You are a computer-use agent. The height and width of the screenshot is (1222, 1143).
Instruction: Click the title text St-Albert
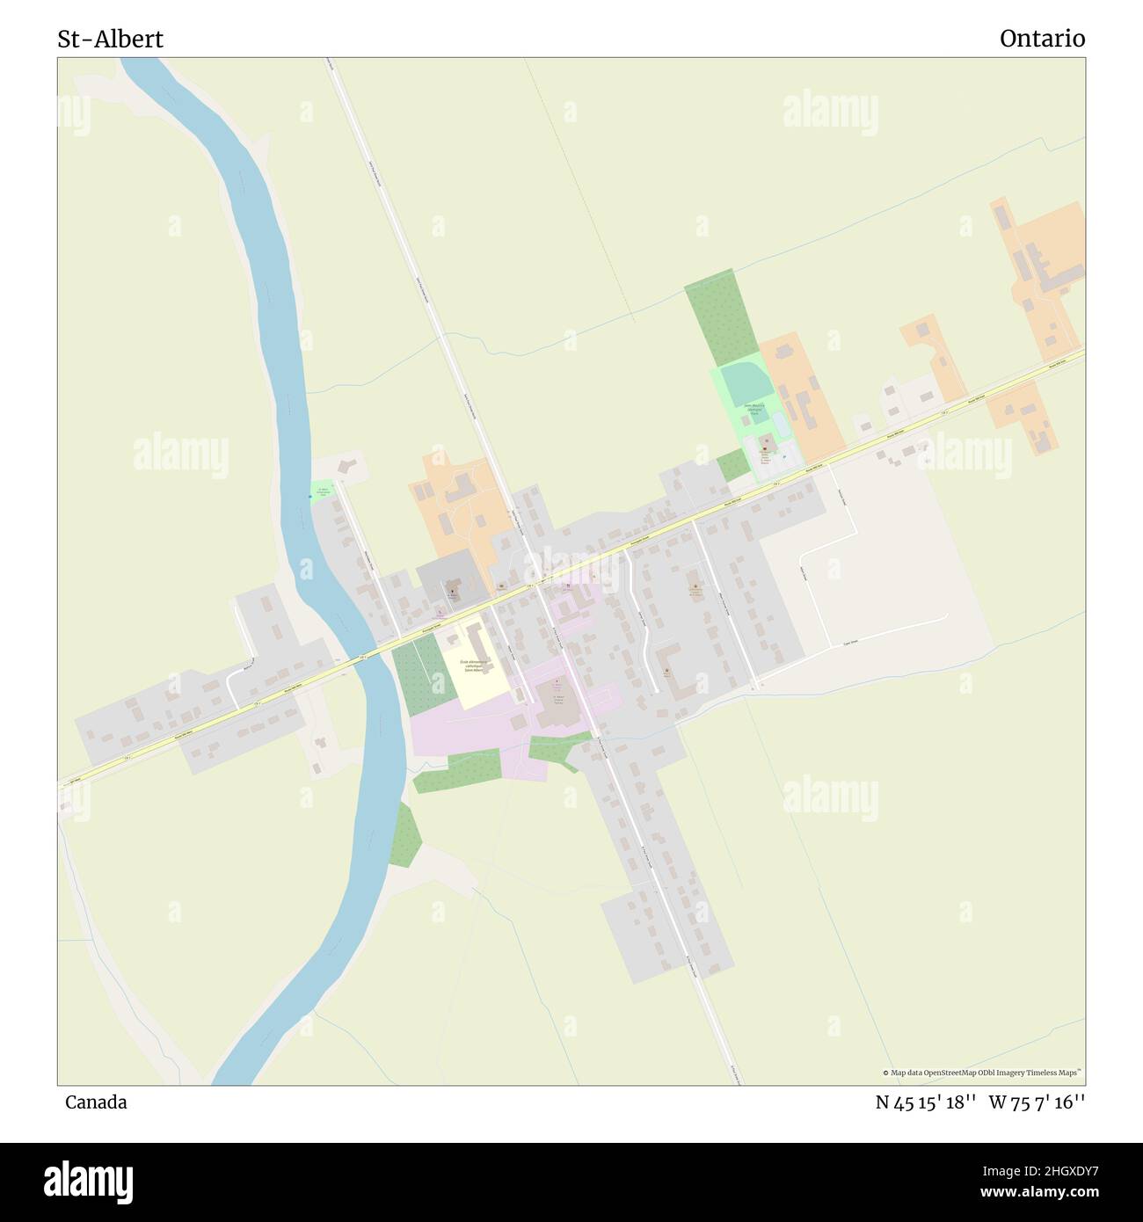(110, 39)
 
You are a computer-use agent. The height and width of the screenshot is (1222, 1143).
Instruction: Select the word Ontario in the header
(1042, 39)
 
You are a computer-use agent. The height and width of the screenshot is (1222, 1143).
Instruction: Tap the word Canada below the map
(95, 1102)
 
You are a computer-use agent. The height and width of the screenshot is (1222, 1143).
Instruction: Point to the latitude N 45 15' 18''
(926, 1102)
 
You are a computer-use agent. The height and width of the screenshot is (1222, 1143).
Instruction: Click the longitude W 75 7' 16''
(1037, 1102)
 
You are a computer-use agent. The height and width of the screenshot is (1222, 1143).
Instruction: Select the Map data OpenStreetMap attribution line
(982, 1073)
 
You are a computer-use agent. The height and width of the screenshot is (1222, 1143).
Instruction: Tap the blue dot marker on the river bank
(309, 498)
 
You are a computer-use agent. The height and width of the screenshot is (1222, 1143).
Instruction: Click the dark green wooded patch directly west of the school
(418, 673)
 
